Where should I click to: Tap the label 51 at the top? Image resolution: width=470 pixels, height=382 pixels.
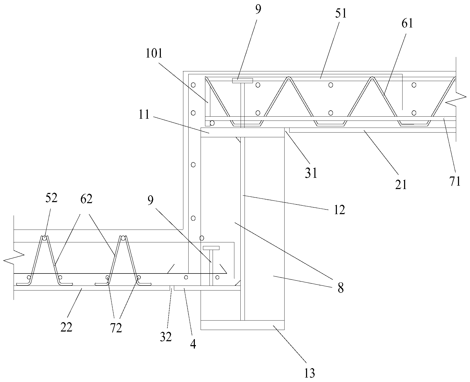341,13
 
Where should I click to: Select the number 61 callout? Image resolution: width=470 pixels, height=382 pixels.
407,24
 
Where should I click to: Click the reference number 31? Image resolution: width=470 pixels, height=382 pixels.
311,173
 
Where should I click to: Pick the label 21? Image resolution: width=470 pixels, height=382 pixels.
401,185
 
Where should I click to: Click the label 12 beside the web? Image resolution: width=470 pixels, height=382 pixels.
339,209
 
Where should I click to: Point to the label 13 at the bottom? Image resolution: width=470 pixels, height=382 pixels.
309,373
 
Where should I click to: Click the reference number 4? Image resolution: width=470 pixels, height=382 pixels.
193,345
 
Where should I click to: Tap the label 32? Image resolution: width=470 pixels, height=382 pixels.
166,337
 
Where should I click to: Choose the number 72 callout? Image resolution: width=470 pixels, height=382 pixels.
116,328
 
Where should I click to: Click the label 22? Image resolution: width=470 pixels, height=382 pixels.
66,327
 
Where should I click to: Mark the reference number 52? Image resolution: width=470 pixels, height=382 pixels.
51,198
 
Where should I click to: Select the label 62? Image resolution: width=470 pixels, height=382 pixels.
86,199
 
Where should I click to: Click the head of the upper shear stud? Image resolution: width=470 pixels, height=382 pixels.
242,81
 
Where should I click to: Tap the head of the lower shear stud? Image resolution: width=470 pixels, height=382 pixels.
211,248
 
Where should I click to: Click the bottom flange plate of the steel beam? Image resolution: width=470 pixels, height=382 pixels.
242,325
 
